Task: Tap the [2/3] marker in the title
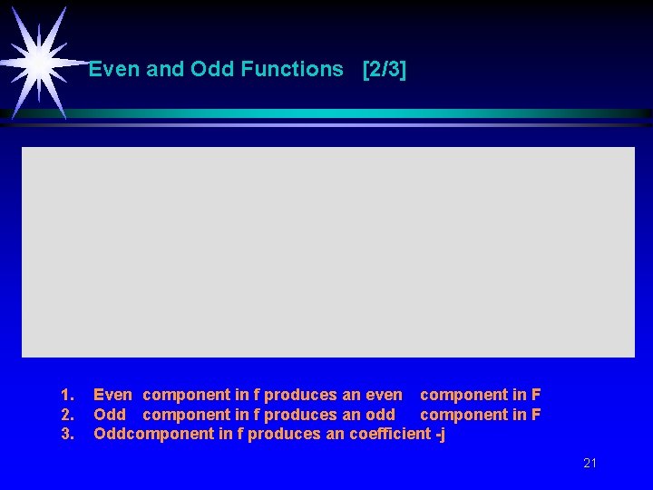tap(384, 70)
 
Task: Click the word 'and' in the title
tap(165, 70)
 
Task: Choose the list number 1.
tap(66, 395)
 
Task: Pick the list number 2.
tap(66, 415)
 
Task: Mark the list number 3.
tap(66, 434)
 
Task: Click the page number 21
tap(590, 464)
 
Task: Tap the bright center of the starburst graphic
tap(39, 62)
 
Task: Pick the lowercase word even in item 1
tap(384, 395)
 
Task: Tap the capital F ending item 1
tap(536, 395)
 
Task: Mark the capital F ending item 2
tap(536, 415)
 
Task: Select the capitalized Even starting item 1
tap(112, 395)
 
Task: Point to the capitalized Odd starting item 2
tap(110, 415)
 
